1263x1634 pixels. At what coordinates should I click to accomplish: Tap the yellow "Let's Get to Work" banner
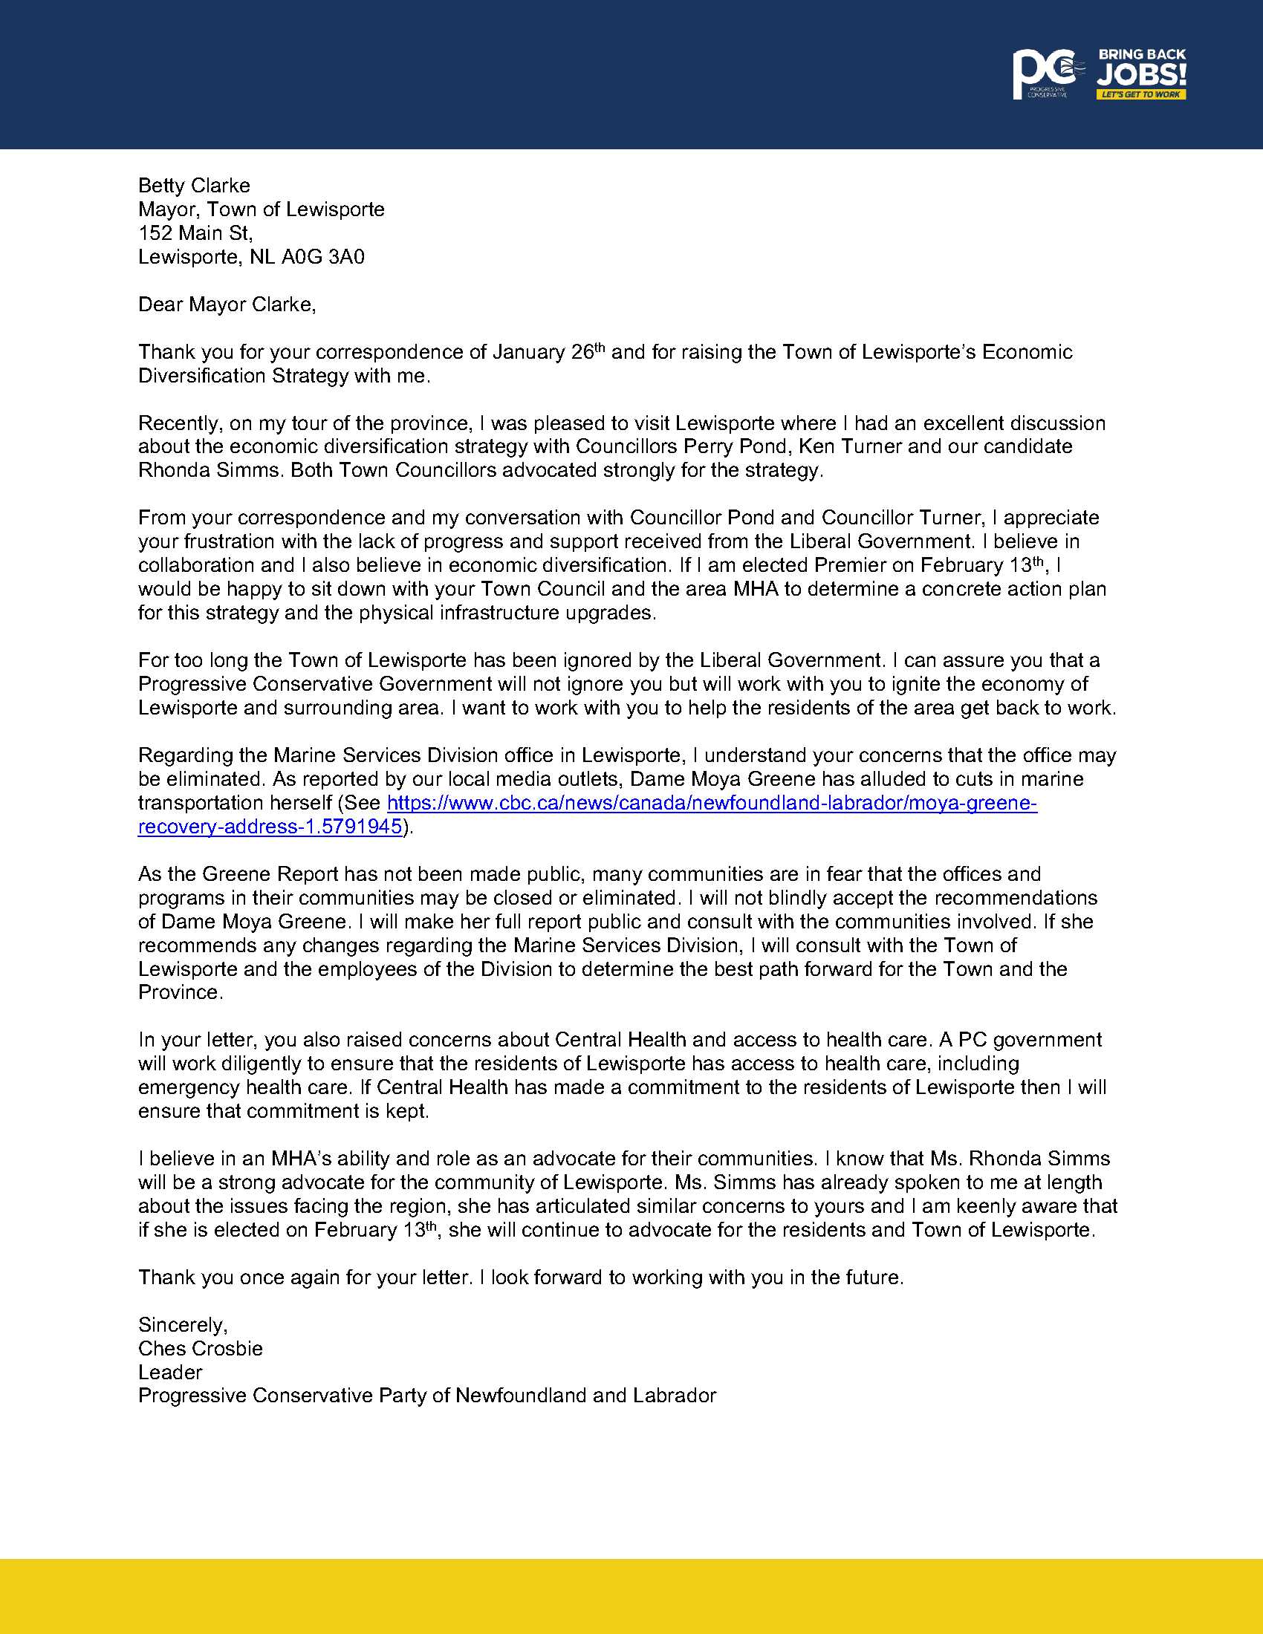[x=1141, y=94]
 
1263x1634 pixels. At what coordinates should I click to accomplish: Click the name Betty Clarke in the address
[x=194, y=186]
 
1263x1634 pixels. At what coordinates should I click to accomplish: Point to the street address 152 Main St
[x=195, y=233]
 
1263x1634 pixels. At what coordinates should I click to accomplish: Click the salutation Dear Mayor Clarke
[x=227, y=305]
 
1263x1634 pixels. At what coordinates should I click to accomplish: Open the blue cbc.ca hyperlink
[x=711, y=804]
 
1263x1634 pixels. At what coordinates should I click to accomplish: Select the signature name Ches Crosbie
[x=201, y=1349]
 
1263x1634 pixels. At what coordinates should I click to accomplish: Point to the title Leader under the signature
[x=171, y=1372]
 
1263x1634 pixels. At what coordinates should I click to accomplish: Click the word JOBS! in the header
[x=1142, y=75]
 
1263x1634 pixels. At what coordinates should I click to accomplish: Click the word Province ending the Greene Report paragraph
[x=180, y=993]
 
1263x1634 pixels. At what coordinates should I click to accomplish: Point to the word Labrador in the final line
[x=674, y=1396]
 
